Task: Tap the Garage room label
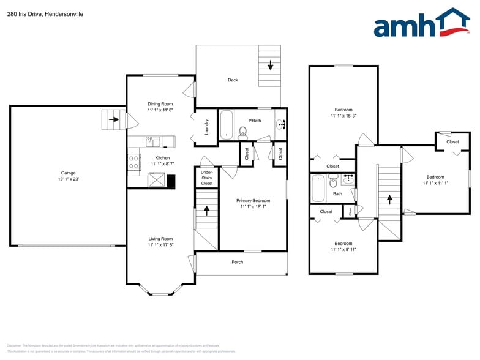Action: pyautogui.click(x=68, y=176)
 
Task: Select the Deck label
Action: pyautogui.click(x=233, y=80)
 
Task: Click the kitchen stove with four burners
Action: pyautogui.click(x=133, y=162)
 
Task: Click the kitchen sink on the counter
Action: pyautogui.click(x=152, y=141)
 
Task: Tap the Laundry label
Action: pyautogui.click(x=207, y=127)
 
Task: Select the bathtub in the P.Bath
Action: pyautogui.click(x=226, y=124)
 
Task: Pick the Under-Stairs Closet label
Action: pyautogui.click(x=207, y=178)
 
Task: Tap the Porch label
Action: pyautogui.click(x=237, y=262)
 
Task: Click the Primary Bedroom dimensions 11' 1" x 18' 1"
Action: pyautogui.click(x=253, y=207)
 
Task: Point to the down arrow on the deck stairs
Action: pyautogui.click(x=270, y=65)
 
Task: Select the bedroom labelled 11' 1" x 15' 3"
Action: pyautogui.click(x=343, y=113)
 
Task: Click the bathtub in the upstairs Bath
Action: pyautogui.click(x=318, y=189)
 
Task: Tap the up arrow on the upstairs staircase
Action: pyautogui.click(x=389, y=199)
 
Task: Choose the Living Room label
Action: pyautogui.click(x=160, y=242)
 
